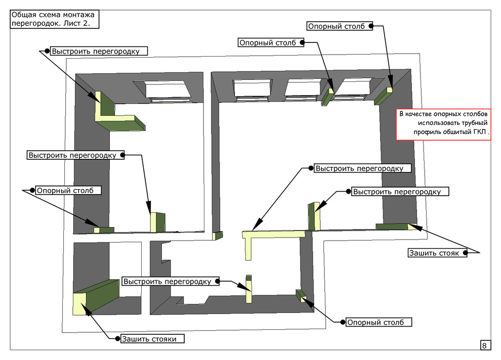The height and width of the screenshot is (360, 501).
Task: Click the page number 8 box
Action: tap(484, 346)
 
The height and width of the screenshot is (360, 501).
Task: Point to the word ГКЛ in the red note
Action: tap(480, 132)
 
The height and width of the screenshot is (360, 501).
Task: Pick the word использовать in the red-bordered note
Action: tap(441, 123)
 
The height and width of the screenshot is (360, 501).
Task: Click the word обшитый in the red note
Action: tap(457, 132)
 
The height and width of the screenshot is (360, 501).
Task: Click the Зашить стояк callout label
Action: tap(437, 253)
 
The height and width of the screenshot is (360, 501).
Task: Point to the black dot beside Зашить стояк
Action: tap(470, 253)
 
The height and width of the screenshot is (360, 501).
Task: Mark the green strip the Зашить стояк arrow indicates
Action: tap(392, 226)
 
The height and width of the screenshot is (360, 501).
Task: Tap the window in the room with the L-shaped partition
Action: tap(169, 91)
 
